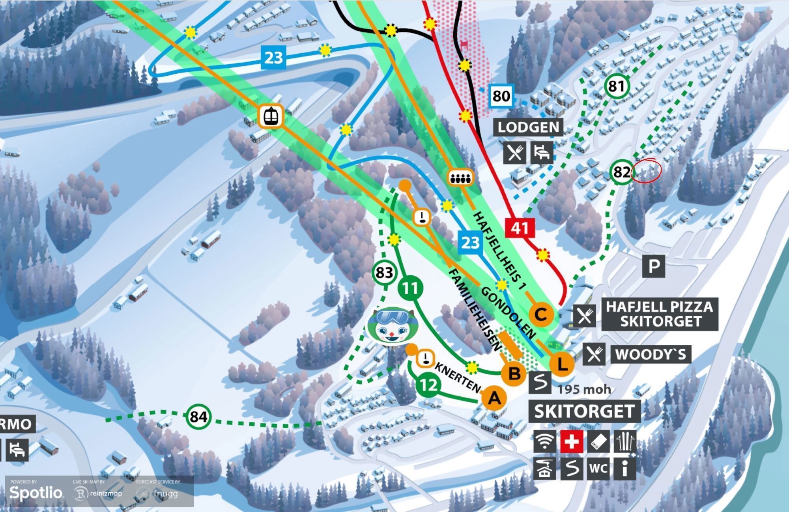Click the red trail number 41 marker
[520, 228]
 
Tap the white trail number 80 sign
[501, 96]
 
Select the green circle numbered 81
[617, 86]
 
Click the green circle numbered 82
[621, 172]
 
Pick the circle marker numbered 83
[384, 273]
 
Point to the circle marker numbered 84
[198, 417]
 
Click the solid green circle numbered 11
[410, 288]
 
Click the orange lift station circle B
[514, 373]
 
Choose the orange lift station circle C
[541, 314]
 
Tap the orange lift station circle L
[561, 364]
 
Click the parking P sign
[654, 266]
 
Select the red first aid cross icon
[572, 441]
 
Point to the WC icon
[598, 468]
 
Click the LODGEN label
[528, 127]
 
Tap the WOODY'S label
[651, 354]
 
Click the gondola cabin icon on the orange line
[271, 116]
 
